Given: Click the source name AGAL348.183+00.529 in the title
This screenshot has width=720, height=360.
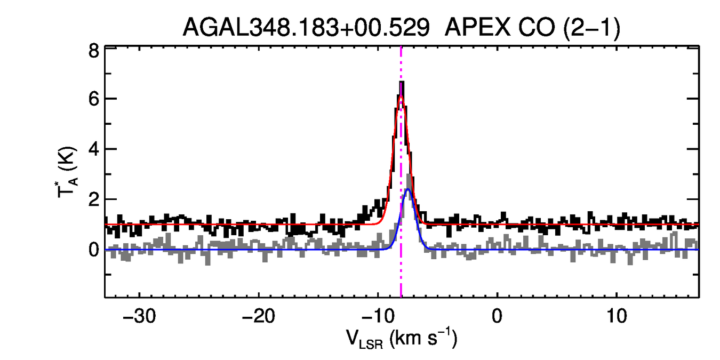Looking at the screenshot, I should pos(306,27).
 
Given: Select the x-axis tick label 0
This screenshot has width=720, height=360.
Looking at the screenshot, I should pos(497,315).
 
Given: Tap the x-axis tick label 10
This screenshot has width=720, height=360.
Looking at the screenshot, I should pos(617,315).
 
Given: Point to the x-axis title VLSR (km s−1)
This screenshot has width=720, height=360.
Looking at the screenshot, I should pos(402,339).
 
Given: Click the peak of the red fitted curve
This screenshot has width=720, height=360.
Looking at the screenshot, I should pos(401,97).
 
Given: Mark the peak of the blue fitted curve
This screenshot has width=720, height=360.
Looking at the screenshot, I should pos(408,189).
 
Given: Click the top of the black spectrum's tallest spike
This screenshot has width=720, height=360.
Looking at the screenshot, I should pos(402,82).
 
